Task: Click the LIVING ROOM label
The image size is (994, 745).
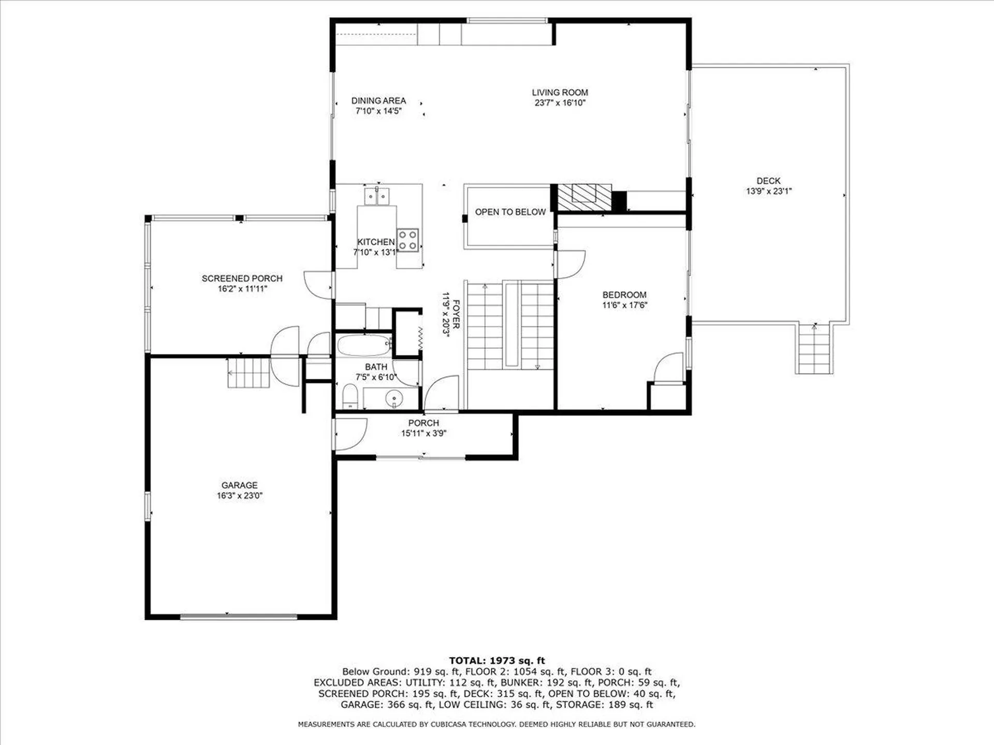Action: coord(560,93)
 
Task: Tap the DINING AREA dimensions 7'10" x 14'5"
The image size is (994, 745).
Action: coord(378,111)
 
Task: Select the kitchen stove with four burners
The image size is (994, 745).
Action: coord(407,240)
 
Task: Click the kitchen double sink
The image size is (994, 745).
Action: coord(377,197)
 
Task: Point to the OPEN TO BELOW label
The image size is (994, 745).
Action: coord(510,212)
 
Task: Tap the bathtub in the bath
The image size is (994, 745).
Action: coord(364,345)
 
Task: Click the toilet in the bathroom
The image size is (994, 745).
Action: coord(350,398)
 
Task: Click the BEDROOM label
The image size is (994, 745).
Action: coord(624,295)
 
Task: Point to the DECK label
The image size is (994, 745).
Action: coord(768,181)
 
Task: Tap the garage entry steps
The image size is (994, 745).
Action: coord(249,372)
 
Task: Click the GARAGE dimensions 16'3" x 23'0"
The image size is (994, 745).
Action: coord(239,496)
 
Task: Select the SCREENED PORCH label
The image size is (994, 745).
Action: coord(242,278)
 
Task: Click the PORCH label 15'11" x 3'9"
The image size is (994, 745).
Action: coord(423,428)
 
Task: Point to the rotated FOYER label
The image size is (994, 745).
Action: coord(456,314)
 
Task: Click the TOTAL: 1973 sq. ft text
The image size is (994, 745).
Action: coord(497,661)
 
